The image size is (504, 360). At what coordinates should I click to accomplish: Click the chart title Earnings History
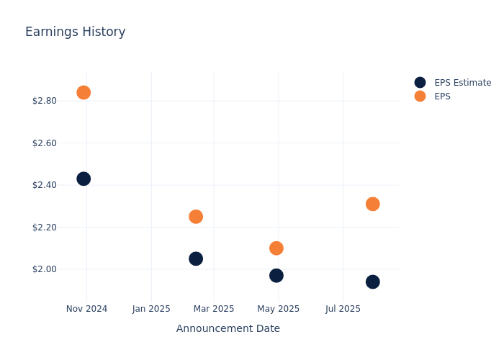(75, 32)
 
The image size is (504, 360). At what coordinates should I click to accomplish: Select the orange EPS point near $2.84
(84, 92)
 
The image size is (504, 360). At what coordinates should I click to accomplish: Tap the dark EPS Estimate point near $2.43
(84, 179)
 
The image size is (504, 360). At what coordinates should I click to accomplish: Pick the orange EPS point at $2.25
(196, 217)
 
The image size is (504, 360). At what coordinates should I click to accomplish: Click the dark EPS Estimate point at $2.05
(196, 258)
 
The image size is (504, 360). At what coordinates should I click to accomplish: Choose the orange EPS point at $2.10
(276, 248)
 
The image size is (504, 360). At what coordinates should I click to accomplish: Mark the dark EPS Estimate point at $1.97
(276, 276)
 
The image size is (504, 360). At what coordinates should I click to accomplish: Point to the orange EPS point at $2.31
(373, 204)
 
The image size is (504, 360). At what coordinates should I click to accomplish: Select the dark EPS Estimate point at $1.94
(373, 282)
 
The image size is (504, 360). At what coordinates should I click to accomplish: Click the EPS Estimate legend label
(462, 83)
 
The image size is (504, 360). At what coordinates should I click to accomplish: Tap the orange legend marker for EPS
(420, 96)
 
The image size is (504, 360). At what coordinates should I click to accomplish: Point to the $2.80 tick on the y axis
(45, 101)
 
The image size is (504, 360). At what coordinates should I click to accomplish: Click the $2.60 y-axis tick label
(45, 143)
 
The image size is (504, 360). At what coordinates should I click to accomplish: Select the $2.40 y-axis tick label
(45, 185)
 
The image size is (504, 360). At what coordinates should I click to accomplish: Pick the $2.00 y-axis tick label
(45, 269)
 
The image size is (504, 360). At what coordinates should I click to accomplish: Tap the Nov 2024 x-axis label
(86, 309)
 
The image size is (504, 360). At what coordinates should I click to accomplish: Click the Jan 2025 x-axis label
(151, 309)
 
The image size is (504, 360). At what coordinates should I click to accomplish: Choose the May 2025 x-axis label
(279, 309)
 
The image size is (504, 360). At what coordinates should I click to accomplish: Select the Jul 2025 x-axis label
(343, 309)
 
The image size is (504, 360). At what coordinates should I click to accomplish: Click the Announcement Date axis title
(228, 329)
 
